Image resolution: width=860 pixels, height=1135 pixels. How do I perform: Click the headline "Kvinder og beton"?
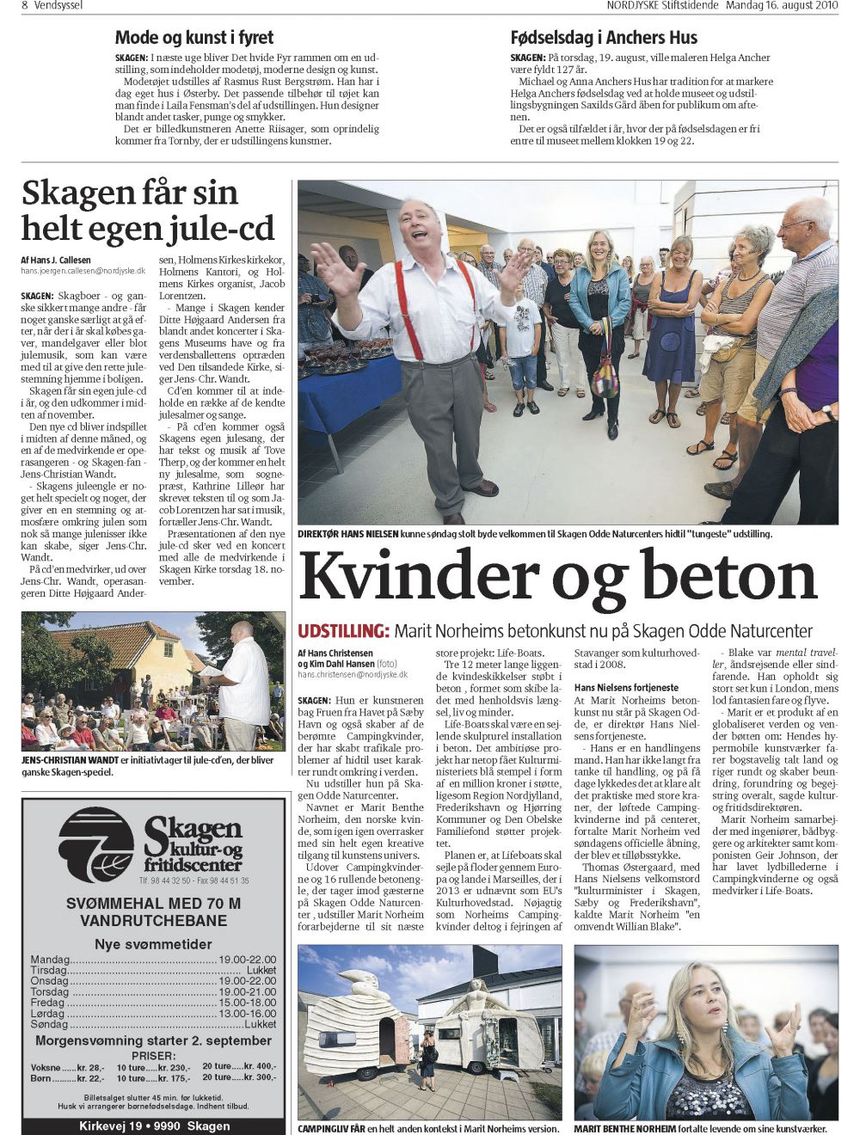(x=557, y=578)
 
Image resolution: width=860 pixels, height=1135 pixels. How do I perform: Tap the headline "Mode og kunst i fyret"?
(x=194, y=37)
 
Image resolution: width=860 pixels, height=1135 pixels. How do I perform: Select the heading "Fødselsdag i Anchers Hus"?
(x=604, y=37)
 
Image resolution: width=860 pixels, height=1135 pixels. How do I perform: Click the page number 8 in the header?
(x=26, y=5)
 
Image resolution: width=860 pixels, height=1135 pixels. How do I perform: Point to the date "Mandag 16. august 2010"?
(x=782, y=5)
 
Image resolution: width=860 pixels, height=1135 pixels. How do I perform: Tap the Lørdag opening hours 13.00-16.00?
(x=248, y=1014)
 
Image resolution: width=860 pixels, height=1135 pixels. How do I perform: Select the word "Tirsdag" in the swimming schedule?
(x=49, y=970)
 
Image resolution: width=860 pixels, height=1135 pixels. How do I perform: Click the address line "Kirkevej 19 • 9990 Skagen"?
(x=154, y=1126)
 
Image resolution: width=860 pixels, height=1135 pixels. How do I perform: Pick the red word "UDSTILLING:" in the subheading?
(x=343, y=631)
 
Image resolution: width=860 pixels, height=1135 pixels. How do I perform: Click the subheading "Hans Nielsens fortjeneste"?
(x=626, y=688)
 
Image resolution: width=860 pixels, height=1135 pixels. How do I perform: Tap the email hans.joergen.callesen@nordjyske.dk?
(x=83, y=270)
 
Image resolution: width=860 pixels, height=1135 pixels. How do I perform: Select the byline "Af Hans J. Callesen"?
(x=56, y=260)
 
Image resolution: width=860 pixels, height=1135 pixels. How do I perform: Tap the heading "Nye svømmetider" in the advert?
(x=153, y=944)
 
